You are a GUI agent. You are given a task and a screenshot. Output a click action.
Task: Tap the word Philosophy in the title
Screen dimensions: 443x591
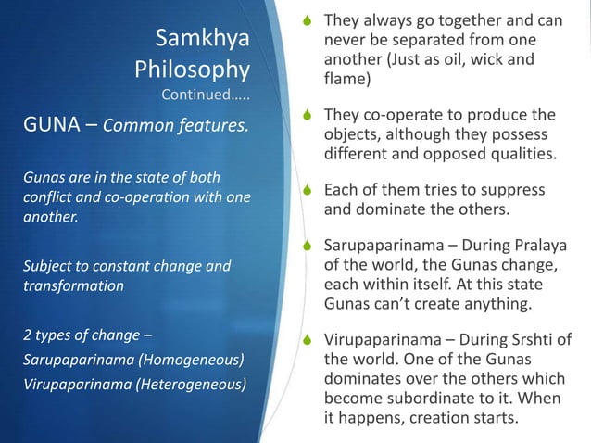[192, 70]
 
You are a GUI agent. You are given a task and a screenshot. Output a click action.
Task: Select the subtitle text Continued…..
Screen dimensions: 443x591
[205, 95]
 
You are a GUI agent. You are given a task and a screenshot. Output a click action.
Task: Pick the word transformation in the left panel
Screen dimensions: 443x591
[73, 286]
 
